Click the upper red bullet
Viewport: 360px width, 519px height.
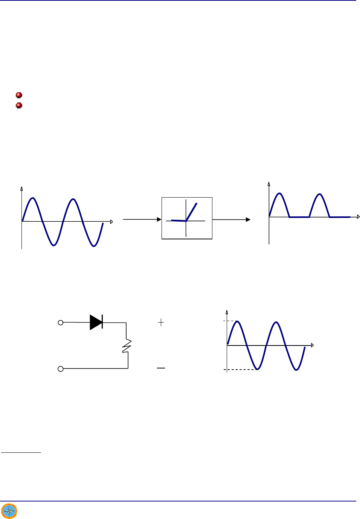tap(19, 95)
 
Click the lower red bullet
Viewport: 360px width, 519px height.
tap(19, 105)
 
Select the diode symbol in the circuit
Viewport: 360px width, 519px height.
tap(96, 323)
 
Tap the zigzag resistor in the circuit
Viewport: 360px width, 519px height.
tap(127, 345)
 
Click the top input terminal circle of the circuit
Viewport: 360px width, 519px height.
tap(60, 323)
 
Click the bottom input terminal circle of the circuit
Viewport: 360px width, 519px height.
tap(60, 369)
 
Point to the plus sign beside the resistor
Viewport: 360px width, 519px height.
tap(161, 322)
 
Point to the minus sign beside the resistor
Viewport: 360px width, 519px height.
tap(161, 368)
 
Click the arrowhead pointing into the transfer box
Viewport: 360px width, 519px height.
tap(159, 219)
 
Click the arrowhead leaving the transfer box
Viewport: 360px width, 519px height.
tap(248, 219)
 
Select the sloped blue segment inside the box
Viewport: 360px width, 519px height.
tap(192, 212)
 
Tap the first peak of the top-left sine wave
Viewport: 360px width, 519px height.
tap(33, 198)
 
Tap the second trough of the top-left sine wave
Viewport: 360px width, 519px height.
tap(94, 246)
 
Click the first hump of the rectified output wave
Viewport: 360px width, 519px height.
tap(279, 194)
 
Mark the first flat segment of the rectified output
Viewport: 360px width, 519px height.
tap(299, 217)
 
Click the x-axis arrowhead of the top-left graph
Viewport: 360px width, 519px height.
tap(111, 222)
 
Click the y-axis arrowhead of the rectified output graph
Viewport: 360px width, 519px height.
tap(269, 184)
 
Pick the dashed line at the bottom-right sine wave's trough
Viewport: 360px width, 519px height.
tap(241, 370)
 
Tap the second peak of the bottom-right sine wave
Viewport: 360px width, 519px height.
tap(276, 323)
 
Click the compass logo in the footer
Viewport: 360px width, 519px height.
tap(9, 511)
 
